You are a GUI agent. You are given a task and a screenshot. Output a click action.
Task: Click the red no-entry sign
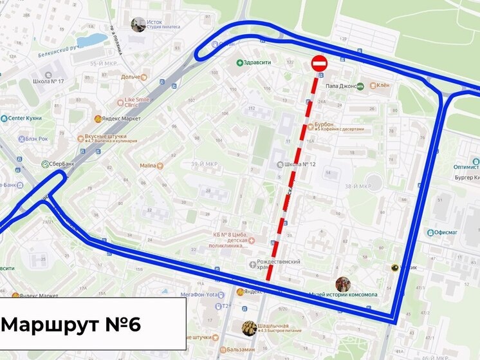(x=320, y=64)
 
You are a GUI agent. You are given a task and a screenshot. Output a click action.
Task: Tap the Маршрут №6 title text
(x=71, y=324)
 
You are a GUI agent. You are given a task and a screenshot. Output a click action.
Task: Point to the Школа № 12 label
(x=300, y=164)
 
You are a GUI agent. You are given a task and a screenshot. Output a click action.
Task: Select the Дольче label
(x=131, y=77)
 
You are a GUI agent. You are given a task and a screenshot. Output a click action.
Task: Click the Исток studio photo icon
(x=138, y=24)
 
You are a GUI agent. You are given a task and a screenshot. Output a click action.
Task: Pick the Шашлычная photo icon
(x=248, y=328)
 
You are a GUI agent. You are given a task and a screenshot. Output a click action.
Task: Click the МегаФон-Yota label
(x=201, y=294)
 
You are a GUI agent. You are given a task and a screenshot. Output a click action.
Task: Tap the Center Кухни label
(x=24, y=118)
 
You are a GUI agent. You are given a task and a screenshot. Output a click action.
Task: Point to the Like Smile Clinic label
(x=139, y=102)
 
